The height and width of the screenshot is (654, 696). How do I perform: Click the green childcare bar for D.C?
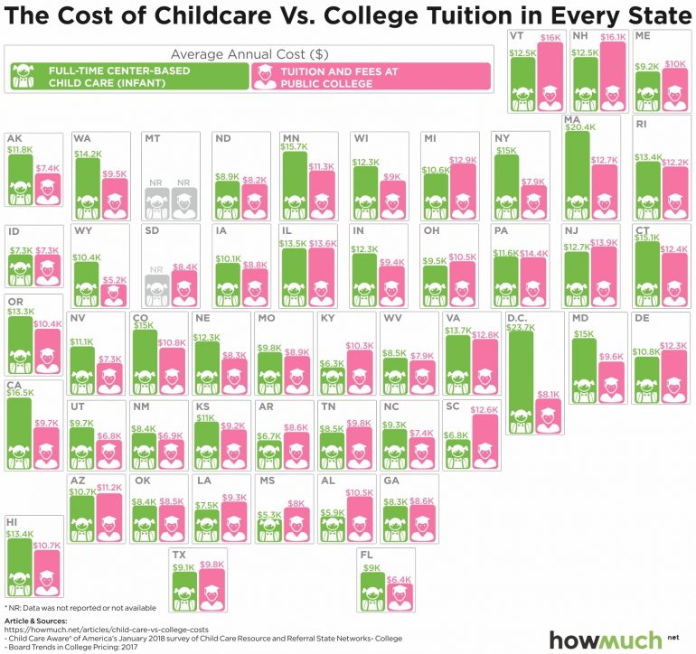click(520, 379)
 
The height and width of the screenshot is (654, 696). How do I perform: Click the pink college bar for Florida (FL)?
click(400, 596)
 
